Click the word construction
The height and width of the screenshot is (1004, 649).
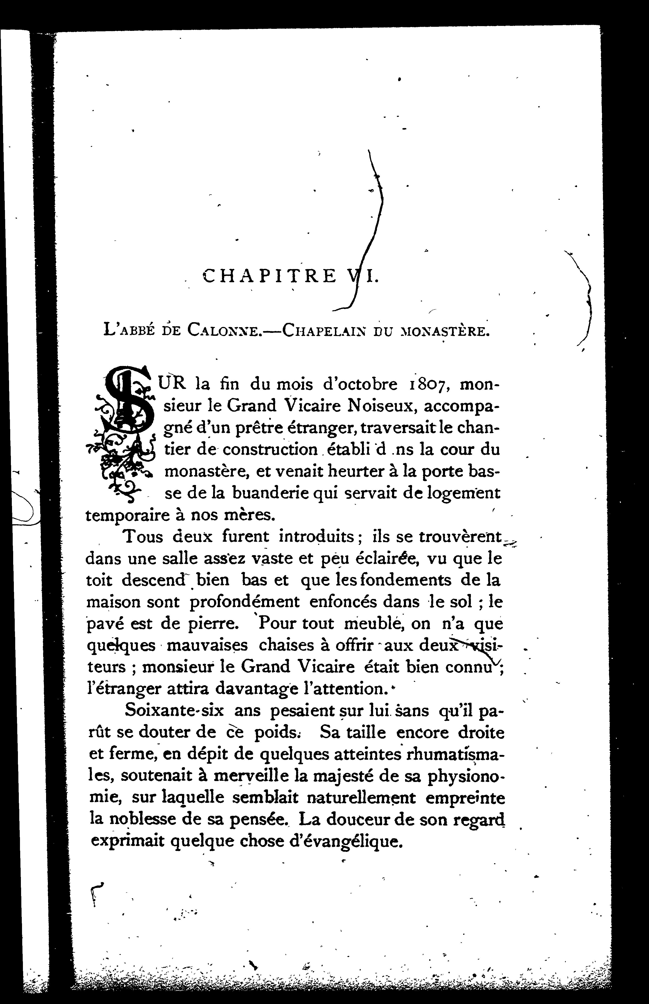[x=270, y=450]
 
